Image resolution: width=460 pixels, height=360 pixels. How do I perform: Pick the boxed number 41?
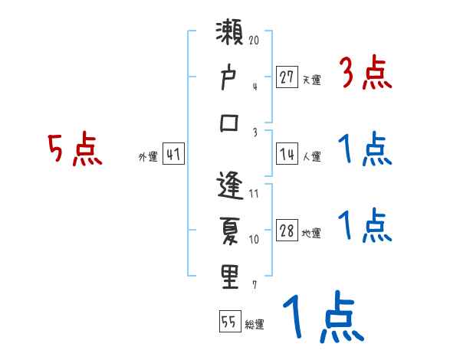click(174, 155)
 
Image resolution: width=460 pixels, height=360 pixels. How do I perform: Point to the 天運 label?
click(311, 80)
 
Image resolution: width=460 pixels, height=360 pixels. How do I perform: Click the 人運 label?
click(311, 157)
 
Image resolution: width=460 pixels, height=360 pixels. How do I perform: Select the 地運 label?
click(311, 234)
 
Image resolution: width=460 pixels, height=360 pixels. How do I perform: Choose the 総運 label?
click(254, 325)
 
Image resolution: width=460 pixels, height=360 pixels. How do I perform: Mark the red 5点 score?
click(74, 149)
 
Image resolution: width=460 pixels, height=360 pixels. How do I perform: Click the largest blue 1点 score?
click(322, 316)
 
